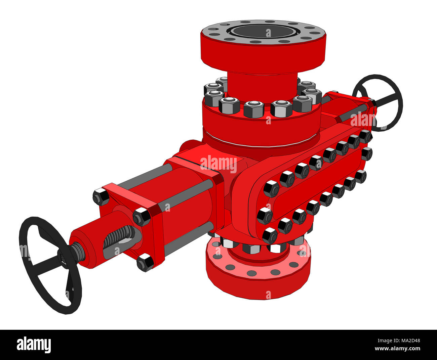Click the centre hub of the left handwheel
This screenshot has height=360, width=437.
click(66, 257)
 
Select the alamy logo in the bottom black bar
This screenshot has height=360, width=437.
click(34, 345)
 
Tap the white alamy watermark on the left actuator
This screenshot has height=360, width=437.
click(218, 164)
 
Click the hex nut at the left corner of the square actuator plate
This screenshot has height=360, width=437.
click(101, 197)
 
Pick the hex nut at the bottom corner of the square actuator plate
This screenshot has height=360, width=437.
click(146, 262)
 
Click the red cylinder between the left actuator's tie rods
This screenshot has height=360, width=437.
click(188, 208)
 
